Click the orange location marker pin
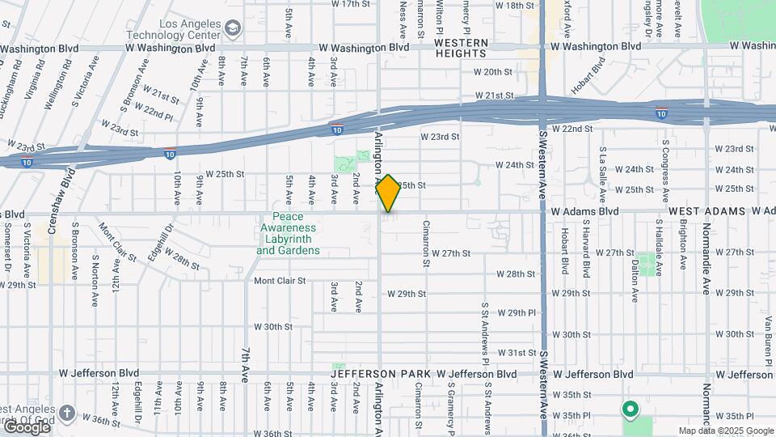[389, 193]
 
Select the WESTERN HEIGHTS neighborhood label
[461, 48]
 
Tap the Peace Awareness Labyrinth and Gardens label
[288, 234]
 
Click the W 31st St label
[517, 353]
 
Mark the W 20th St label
[494, 72]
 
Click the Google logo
[27, 426]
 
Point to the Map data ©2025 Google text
[725, 431]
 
